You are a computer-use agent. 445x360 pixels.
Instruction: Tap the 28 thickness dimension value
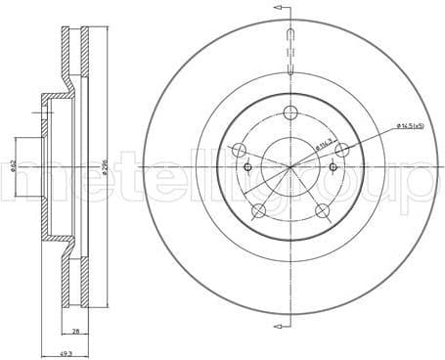pos(74,331)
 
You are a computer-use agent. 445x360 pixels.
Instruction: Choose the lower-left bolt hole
pos(260,211)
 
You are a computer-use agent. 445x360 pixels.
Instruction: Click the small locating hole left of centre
pos(248,167)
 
